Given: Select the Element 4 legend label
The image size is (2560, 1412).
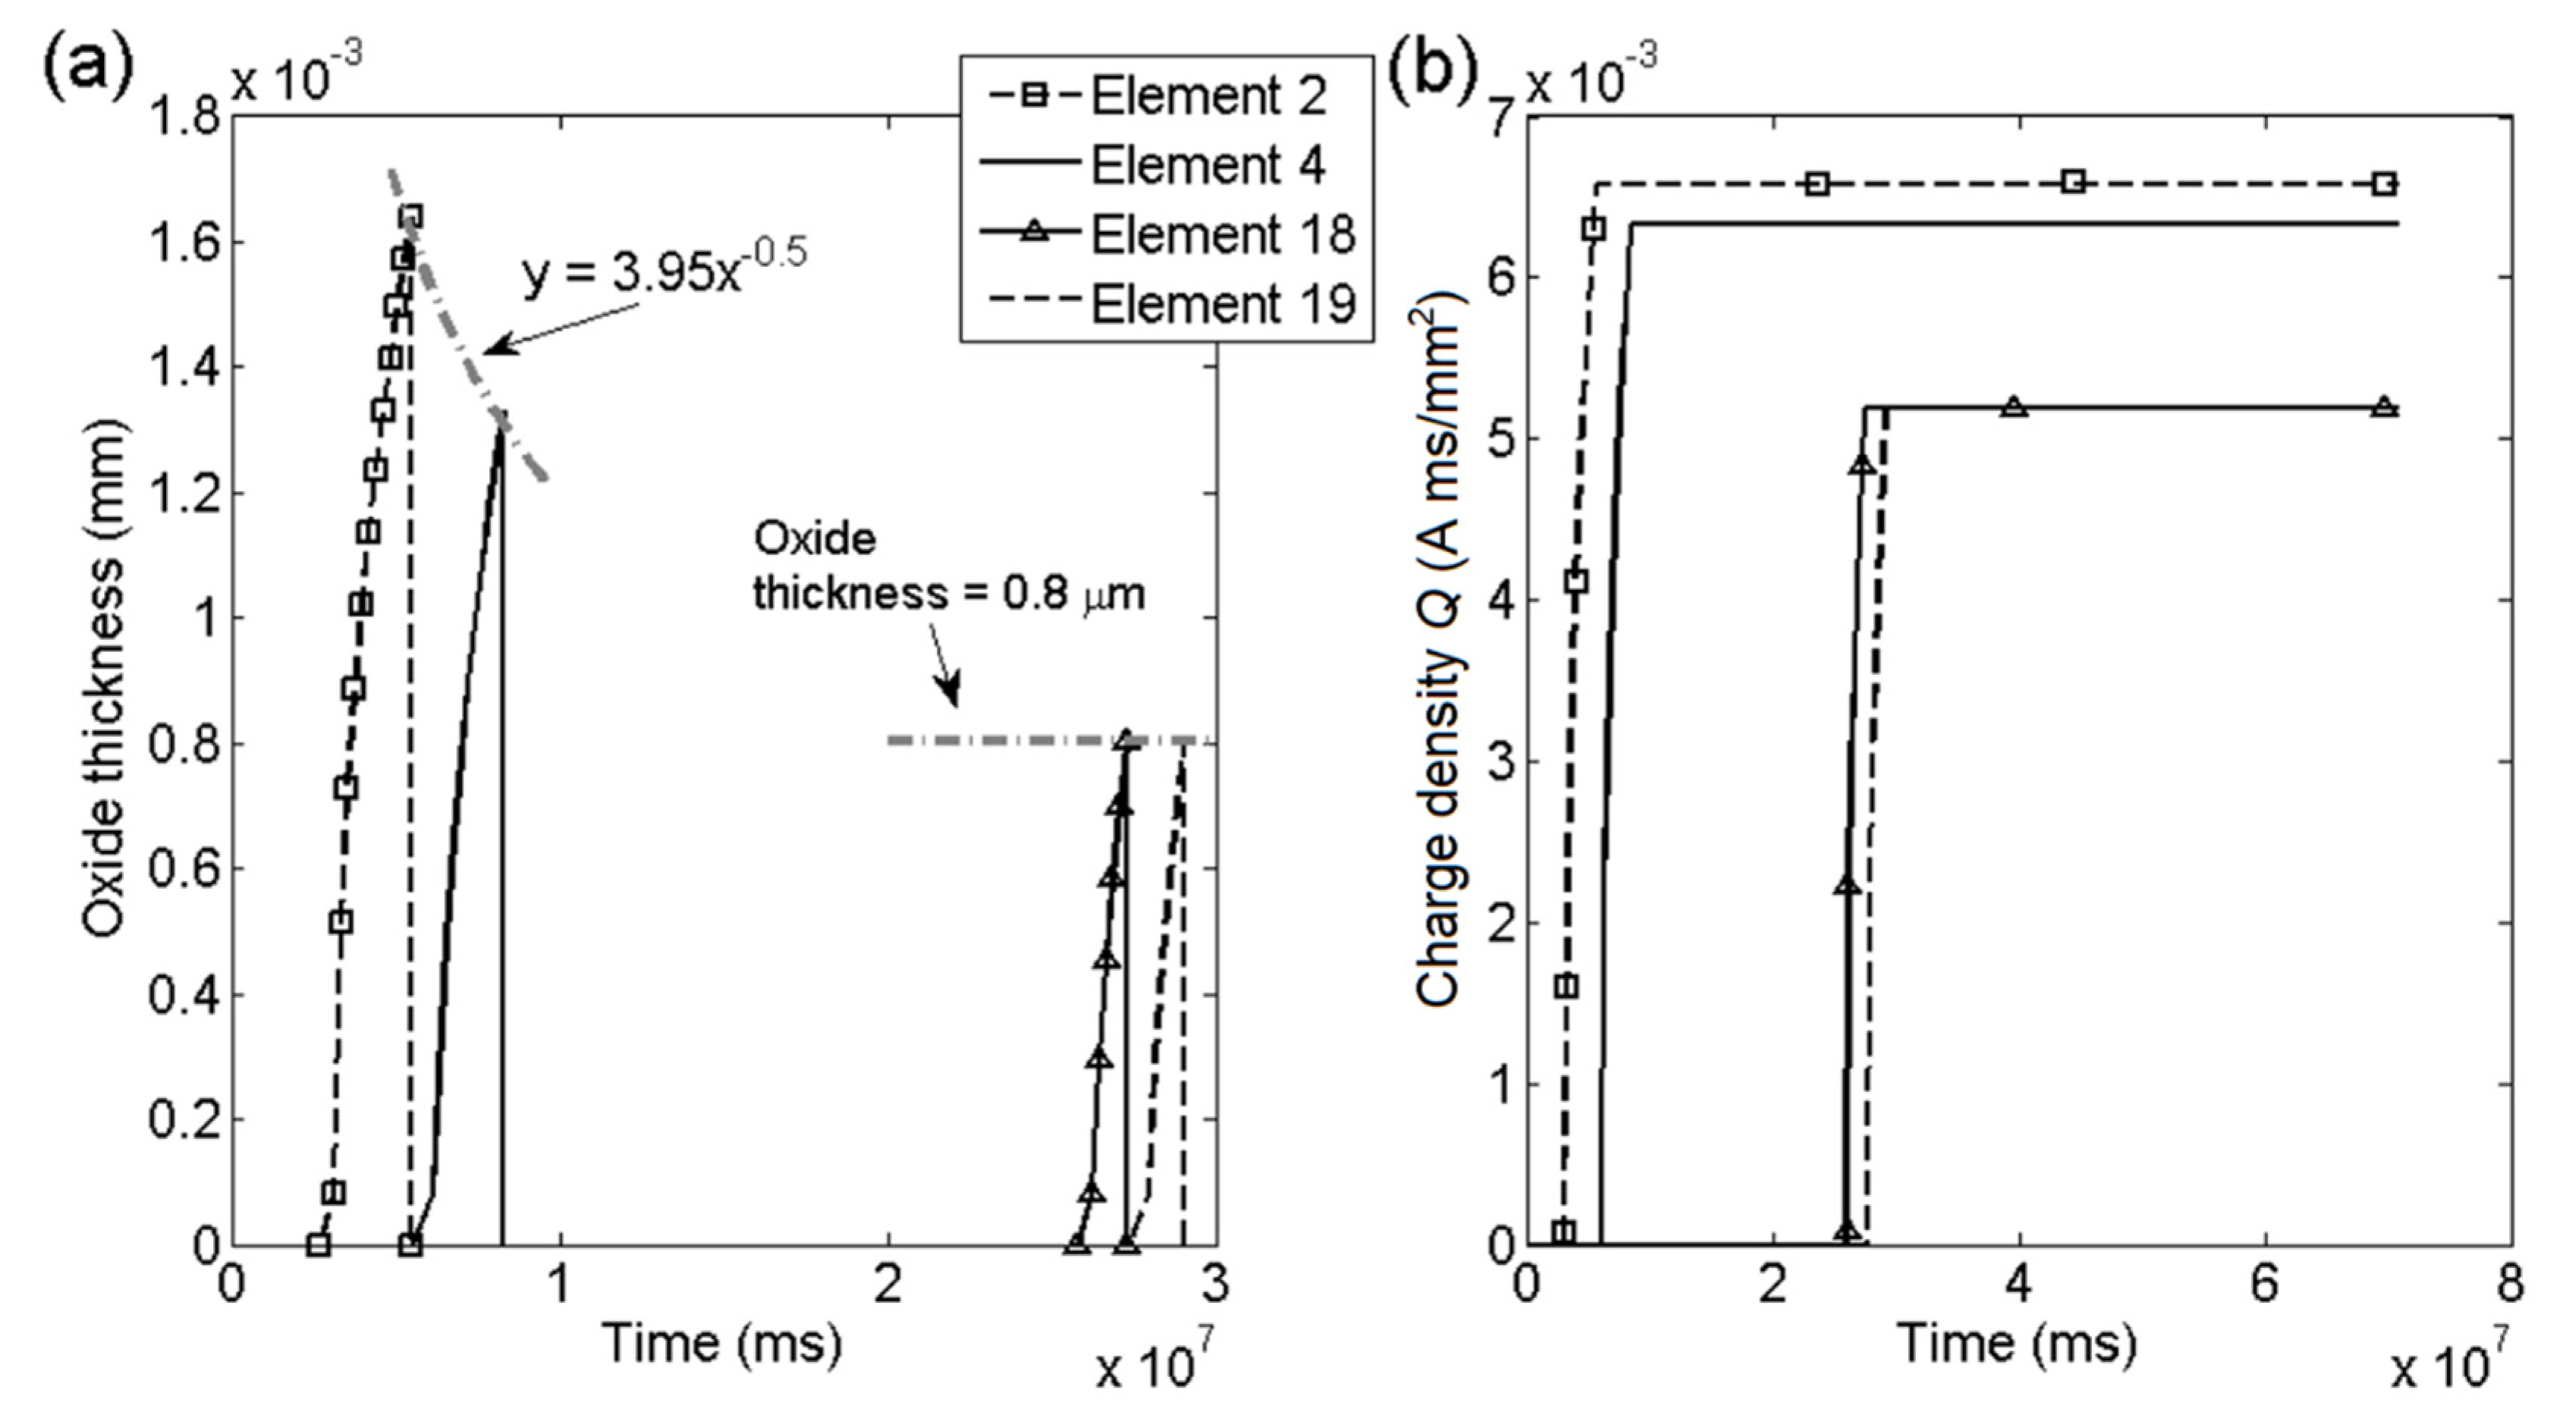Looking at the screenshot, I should pyautogui.click(x=1208, y=165).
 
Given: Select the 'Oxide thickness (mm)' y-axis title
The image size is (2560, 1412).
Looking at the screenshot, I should pyautogui.click(x=105, y=681).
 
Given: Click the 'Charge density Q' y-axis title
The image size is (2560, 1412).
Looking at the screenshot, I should pyautogui.click(x=1437, y=651).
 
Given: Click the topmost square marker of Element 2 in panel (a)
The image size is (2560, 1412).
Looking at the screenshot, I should pyautogui.click(x=410, y=215).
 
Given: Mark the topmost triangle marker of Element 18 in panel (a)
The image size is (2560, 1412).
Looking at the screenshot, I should pyautogui.click(x=1125, y=739).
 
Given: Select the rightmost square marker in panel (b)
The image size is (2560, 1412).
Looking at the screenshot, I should pyautogui.click(x=2384, y=184).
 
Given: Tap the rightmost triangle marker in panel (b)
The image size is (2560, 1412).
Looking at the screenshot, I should pyautogui.click(x=2384, y=406).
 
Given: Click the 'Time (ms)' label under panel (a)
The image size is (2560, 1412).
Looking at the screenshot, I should pyautogui.click(x=721, y=1344).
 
